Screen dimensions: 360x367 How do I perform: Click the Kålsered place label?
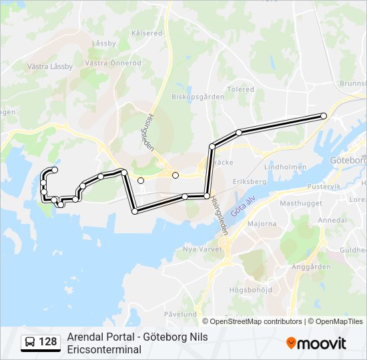tap(147, 33)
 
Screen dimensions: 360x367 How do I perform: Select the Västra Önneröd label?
tap(113, 63)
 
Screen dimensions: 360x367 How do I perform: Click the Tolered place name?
tap(240, 89)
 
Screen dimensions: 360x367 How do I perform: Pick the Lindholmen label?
tap(285, 167)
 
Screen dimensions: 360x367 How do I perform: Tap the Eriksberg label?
tap(249, 181)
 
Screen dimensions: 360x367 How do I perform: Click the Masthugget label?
tap(301, 203)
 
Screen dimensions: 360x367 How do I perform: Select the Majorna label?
tap(262, 224)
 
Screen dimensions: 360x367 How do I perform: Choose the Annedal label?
tap(332, 220)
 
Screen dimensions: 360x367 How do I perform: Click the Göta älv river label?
tap(243, 205)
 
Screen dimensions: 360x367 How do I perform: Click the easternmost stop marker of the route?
tap(324, 116)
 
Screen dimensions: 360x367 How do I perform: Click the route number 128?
tap(48, 342)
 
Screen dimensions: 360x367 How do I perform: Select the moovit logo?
tap(316, 343)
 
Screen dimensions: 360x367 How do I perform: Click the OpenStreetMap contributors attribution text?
tap(256, 321)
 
